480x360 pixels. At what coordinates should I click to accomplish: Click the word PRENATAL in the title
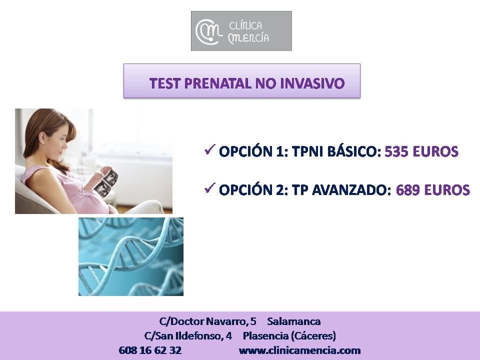(218, 83)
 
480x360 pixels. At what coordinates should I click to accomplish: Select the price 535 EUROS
(421, 151)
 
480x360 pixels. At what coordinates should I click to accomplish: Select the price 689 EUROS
(433, 190)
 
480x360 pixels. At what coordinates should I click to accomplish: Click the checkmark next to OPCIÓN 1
(209, 149)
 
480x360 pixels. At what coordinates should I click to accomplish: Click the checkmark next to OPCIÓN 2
(209, 188)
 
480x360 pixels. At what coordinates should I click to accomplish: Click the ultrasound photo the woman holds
(106, 182)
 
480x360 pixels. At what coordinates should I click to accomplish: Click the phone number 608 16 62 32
(150, 350)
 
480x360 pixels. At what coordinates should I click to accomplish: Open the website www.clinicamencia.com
(299, 350)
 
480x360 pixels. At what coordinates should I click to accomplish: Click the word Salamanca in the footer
(294, 321)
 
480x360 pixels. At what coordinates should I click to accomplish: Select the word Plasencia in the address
(265, 336)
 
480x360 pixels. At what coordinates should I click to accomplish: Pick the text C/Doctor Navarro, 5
(208, 321)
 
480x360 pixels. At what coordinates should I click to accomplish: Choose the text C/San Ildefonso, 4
(188, 336)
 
